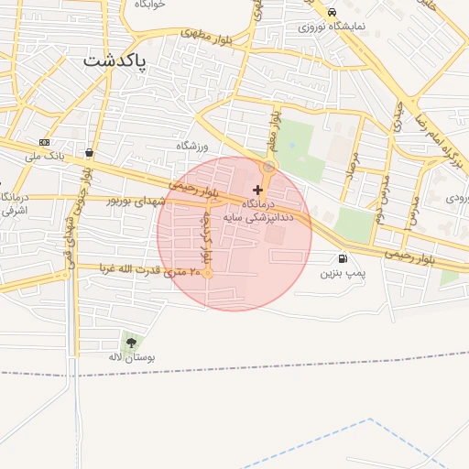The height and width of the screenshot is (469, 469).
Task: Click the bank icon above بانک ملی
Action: click(x=44, y=143)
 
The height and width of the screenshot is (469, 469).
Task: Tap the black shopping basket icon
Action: click(x=89, y=153)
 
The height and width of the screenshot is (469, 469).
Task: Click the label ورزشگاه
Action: click(x=193, y=147)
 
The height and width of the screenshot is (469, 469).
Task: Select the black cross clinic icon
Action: click(x=257, y=190)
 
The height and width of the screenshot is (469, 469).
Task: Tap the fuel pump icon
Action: click(x=343, y=259)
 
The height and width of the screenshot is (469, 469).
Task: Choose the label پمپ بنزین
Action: click(x=343, y=273)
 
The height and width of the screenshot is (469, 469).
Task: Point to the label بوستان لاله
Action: click(x=133, y=356)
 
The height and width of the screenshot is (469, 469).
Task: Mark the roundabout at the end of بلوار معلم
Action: click(x=268, y=168)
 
